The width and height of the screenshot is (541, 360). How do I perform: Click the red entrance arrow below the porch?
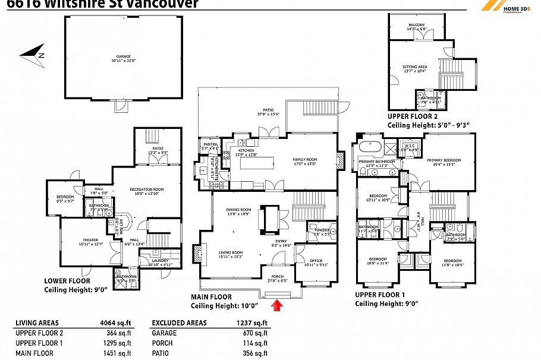click(276, 305)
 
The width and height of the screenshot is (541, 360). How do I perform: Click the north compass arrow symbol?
click(32, 53)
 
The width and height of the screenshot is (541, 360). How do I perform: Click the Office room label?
click(316, 262)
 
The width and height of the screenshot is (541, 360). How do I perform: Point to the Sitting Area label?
click(416, 68)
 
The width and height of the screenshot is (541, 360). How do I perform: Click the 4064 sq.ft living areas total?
click(118, 323)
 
